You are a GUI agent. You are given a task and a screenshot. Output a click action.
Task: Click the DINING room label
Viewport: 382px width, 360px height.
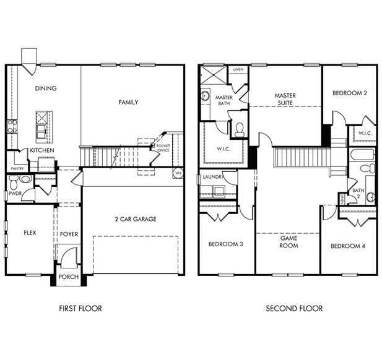46,88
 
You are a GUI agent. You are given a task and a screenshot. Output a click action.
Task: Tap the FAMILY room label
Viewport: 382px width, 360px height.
128,102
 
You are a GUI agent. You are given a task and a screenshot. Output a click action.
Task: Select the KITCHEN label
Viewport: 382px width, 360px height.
41,150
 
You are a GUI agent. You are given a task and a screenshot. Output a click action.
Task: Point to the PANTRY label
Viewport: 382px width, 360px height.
17,168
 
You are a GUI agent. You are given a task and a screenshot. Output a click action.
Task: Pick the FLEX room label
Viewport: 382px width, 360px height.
30,234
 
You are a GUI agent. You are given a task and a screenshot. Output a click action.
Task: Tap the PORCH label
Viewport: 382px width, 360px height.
68,276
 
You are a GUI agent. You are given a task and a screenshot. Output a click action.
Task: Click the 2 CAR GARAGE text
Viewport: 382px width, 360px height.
136,219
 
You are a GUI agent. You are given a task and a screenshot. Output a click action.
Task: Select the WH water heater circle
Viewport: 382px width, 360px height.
178,173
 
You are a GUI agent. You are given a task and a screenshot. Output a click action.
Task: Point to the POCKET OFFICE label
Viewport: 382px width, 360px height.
163,148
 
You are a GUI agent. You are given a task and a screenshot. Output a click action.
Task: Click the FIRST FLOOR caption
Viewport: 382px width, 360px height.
80,308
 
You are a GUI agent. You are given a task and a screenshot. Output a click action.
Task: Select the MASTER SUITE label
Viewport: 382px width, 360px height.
285,100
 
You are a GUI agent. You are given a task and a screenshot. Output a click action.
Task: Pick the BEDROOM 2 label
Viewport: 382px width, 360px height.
349,93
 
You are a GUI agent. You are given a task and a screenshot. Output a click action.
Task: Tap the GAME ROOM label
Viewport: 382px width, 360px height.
289,242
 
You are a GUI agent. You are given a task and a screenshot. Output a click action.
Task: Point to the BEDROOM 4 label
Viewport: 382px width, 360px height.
347,246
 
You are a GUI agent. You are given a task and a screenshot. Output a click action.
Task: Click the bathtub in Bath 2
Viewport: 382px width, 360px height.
360,154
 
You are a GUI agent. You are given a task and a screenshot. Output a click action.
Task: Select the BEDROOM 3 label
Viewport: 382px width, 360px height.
225,244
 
